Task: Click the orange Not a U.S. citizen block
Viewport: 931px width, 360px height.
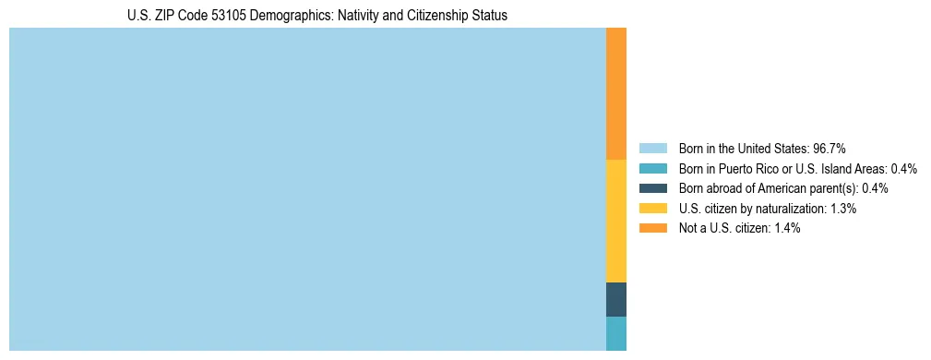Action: pos(616,93)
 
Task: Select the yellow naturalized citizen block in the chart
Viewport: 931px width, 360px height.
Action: pos(616,221)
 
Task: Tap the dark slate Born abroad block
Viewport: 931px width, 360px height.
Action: pos(616,299)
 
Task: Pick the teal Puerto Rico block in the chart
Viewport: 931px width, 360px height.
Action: pos(616,333)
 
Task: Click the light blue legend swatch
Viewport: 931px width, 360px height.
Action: pos(652,149)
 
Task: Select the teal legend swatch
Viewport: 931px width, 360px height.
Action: pos(652,169)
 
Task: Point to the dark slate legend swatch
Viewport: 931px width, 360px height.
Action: pos(652,188)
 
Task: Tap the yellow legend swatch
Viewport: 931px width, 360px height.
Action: pos(652,209)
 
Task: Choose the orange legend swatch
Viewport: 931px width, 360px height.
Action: pos(652,228)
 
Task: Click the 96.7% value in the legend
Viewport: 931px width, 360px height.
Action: pos(829,149)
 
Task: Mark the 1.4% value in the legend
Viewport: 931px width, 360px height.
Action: pos(784,228)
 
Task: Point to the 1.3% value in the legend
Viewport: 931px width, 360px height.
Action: pos(841,209)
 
